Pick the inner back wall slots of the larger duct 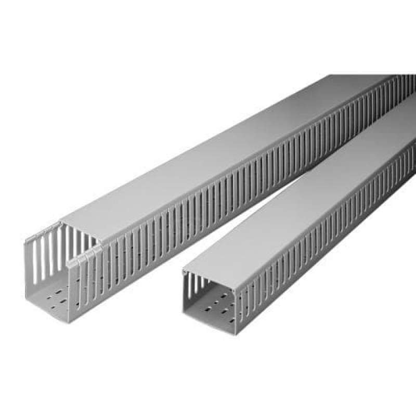point(44,255)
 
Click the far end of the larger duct point(400,83)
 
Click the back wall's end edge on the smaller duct point(184,291)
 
